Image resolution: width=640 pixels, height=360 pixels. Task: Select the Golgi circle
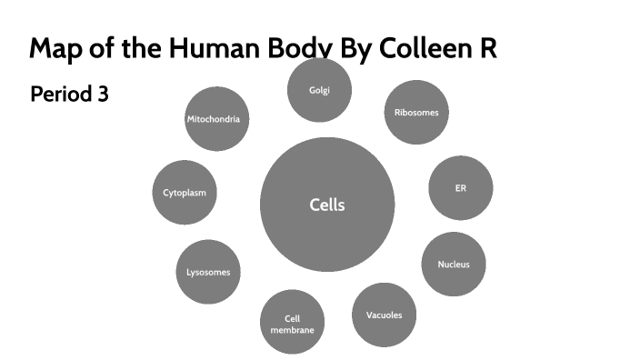319,90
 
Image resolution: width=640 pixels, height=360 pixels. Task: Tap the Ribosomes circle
416,113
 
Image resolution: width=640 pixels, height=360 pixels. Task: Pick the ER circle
460,188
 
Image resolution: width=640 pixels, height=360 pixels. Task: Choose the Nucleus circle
453,265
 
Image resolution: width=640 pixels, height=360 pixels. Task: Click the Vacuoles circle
384,315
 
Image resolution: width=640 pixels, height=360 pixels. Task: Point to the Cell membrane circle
292,324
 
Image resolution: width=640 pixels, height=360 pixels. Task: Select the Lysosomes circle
208,272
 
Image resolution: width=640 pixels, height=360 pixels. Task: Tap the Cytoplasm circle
185,193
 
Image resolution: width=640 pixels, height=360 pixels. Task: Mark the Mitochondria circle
217,119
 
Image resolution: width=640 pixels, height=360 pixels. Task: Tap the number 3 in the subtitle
103,94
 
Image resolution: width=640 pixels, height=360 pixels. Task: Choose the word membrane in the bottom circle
292,330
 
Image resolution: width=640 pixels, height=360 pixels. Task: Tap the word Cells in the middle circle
327,205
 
